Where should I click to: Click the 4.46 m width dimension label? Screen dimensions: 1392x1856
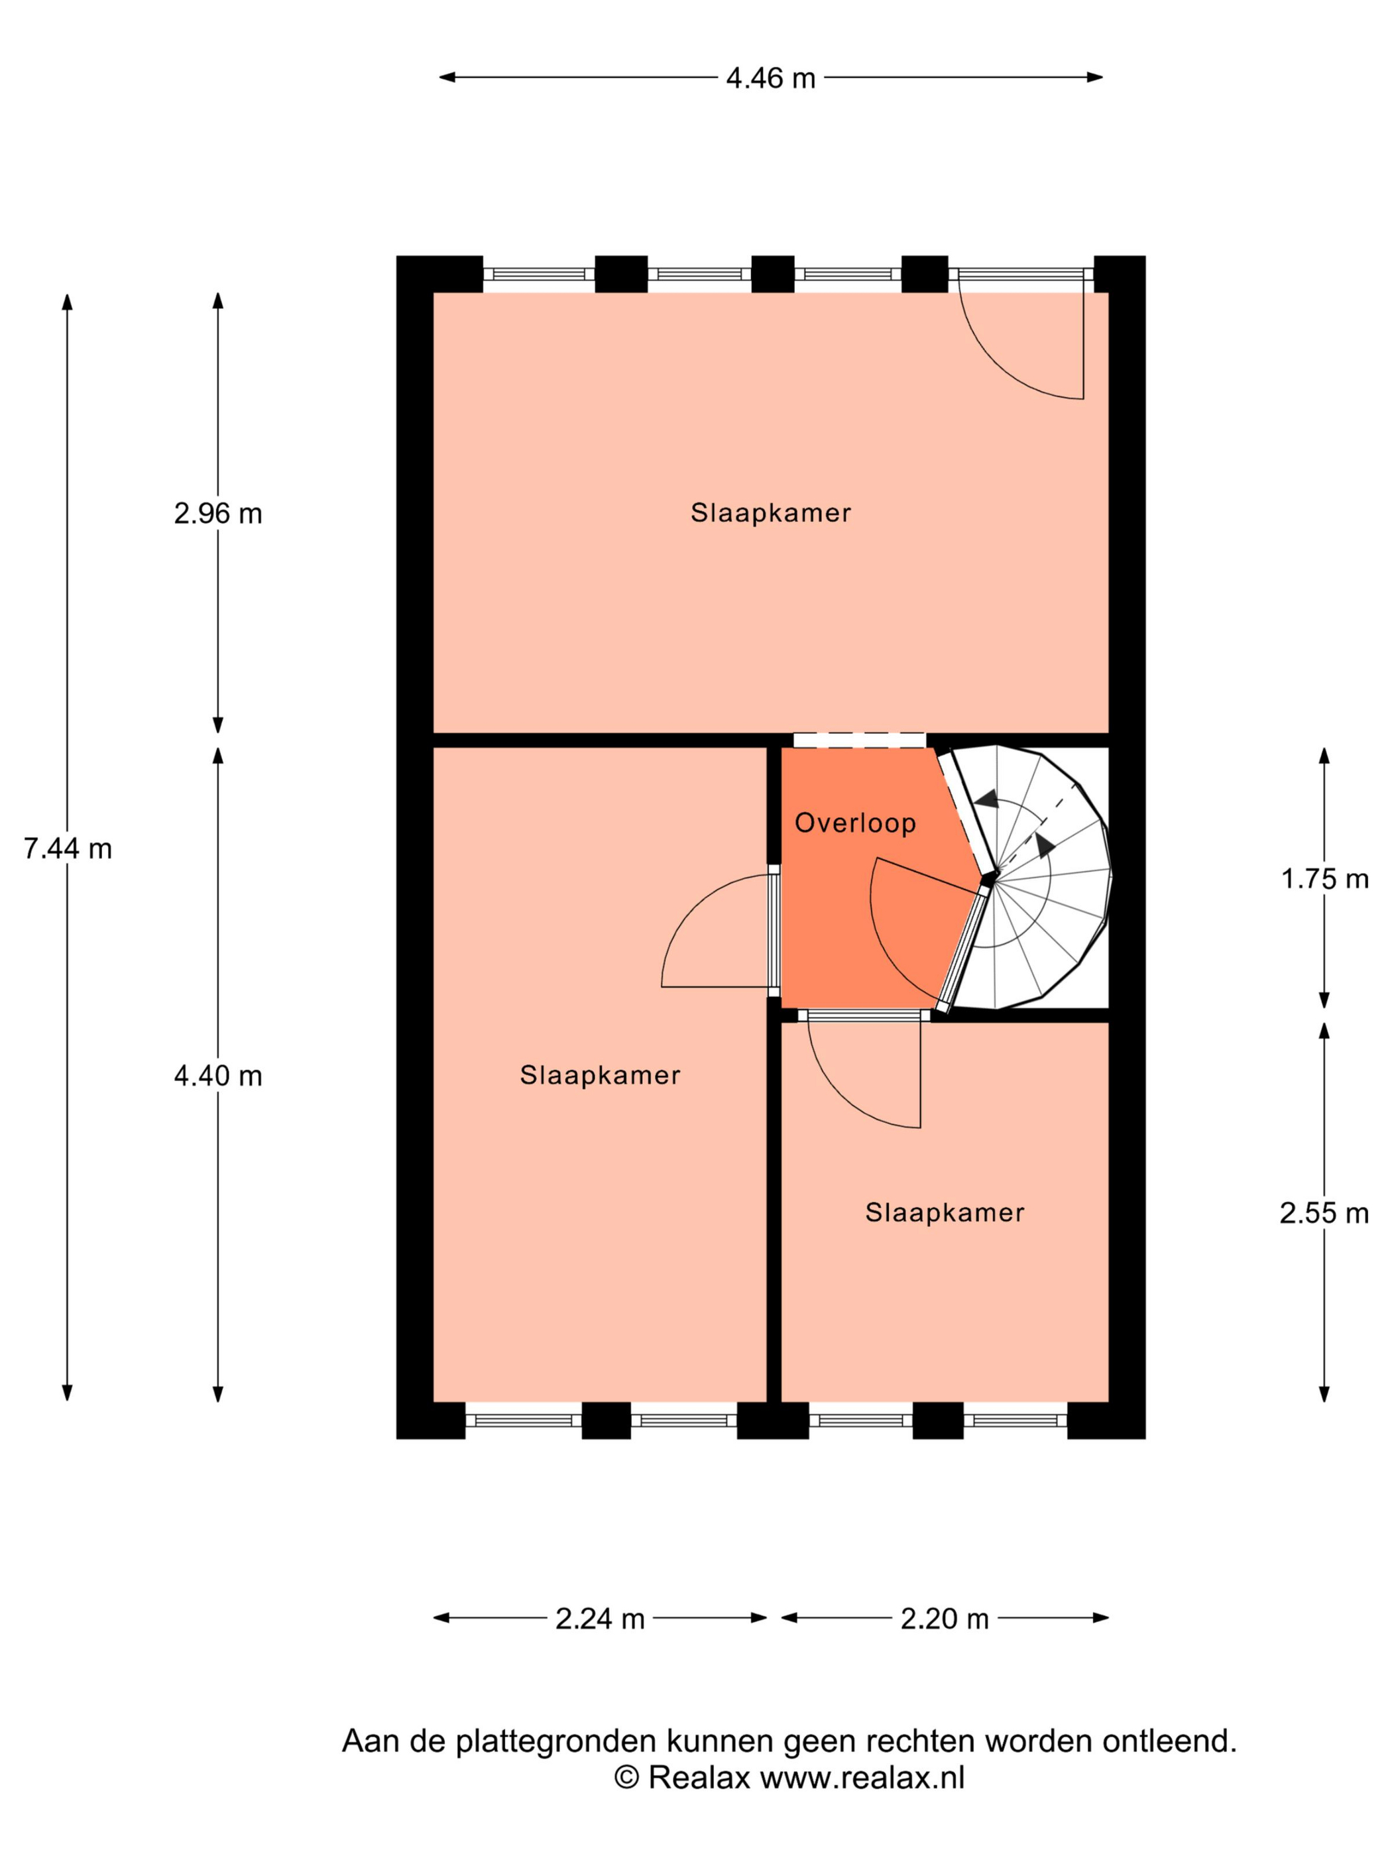point(770,78)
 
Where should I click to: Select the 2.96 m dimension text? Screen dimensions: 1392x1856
point(218,514)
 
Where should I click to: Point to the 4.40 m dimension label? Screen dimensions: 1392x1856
point(218,1076)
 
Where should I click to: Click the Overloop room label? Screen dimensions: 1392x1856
point(855,823)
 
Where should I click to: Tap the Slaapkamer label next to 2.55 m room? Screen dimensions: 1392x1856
point(945,1212)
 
